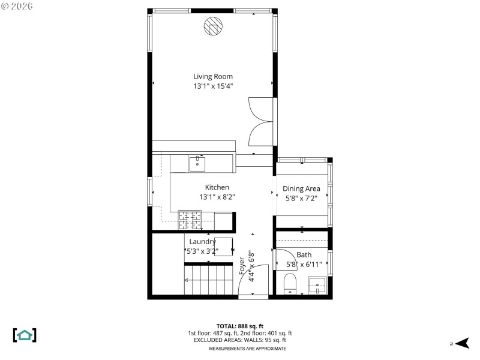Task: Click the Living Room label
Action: tap(212, 76)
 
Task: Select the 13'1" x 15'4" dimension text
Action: tap(212, 86)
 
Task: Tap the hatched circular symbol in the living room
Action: tap(212, 26)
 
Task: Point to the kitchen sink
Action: tap(197, 163)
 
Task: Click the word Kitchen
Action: tap(217, 187)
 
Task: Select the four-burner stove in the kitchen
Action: tap(190, 220)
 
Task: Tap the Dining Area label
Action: tap(301, 188)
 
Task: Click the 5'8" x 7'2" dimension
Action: tap(301, 199)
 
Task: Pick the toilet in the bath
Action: tap(290, 283)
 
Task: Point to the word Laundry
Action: tap(202, 241)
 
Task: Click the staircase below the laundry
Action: tap(208, 280)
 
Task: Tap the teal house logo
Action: tap(25, 335)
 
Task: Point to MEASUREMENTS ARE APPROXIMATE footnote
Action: tap(247, 348)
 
